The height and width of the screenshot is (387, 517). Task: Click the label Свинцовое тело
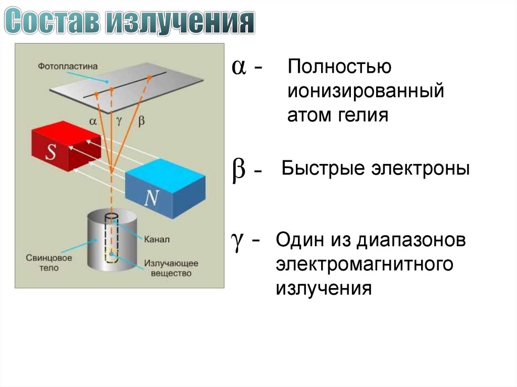pos(49,262)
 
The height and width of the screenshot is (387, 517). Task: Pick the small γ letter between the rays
pos(119,121)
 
